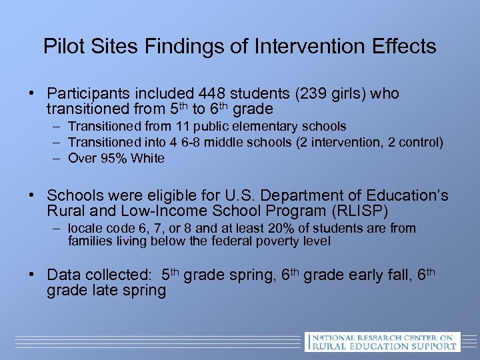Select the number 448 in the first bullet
point(207,94)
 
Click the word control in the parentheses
point(421,142)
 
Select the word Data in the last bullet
point(65,275)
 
